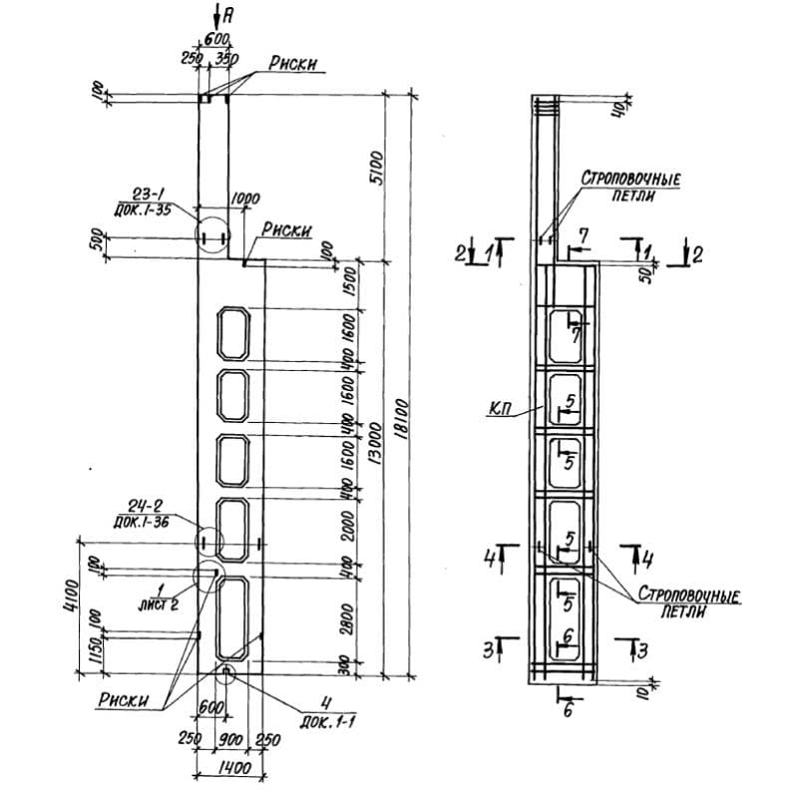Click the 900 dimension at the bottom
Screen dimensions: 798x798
230,740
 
